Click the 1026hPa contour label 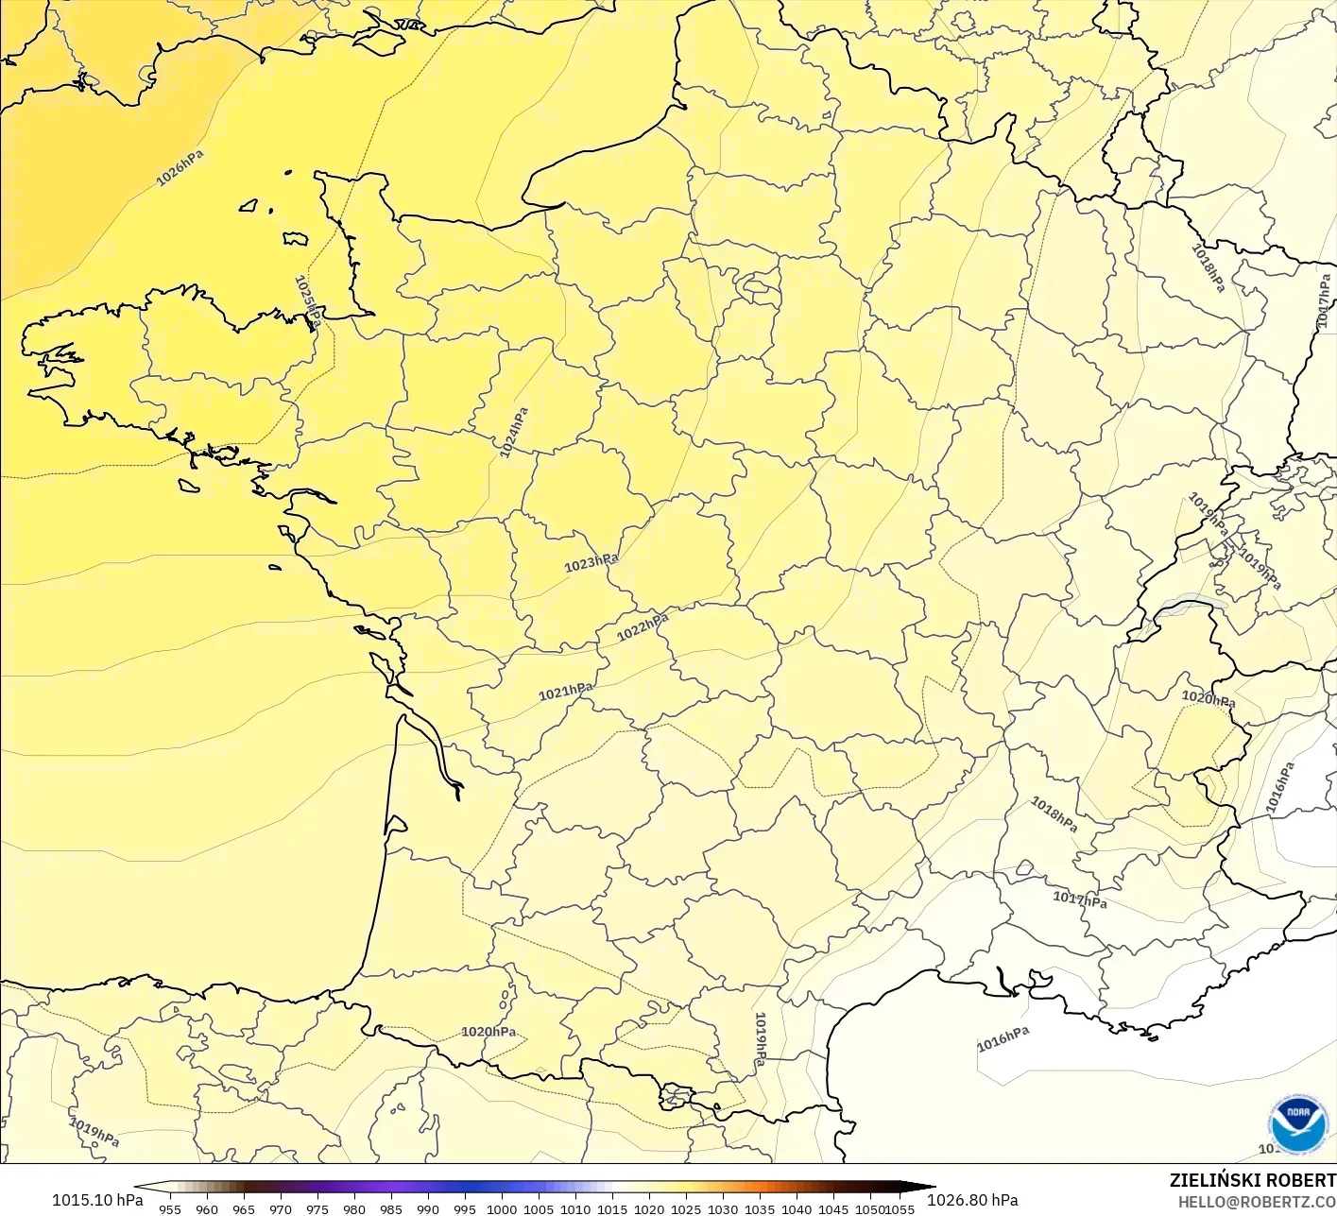180,168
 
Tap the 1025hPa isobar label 307,301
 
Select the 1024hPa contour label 514,433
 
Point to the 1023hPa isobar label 591,563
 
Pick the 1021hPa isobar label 566,693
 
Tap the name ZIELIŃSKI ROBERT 1252,1180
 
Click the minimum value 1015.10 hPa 97,1200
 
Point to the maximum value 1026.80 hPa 972,1200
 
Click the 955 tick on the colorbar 170,1208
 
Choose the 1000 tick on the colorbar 502,1208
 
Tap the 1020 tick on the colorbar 649,1208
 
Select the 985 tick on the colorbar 391,1208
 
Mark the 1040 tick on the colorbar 797,1208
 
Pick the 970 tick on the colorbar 281,1208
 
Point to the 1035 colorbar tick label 760,1208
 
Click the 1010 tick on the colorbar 575,1208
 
